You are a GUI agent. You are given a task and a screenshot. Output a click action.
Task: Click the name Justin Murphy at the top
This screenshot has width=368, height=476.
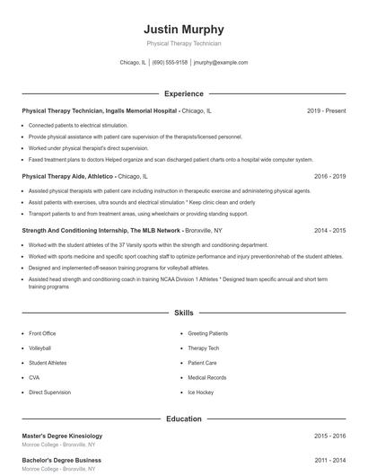(x=184, y=29)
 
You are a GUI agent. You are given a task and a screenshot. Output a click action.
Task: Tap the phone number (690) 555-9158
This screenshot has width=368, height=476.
(x=170, y=63)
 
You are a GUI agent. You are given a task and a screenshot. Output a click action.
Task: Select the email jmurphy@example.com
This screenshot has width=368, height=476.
(x=221, y=63)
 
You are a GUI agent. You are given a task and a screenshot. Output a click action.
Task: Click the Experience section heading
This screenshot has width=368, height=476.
(x=183, y=93)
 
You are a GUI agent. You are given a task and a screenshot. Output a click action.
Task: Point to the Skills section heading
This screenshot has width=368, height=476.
(x=183, y=313)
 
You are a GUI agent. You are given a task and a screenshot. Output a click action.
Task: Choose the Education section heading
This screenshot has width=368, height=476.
(x=183, y=419)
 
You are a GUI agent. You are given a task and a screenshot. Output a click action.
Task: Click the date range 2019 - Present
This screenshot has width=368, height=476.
(x=326, y=110)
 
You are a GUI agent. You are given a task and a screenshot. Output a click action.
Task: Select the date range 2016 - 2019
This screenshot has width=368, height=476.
(x=329, y=177)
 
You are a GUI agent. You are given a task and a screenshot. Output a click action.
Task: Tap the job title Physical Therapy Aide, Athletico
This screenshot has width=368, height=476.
(x=67, y=177)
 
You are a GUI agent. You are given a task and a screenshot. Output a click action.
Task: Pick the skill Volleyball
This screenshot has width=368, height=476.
(x=40, y=348)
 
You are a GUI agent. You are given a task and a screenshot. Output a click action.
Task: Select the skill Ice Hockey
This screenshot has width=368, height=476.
(x=200, y=392)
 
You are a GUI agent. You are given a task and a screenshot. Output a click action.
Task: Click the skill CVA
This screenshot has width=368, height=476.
(x=35, y=378)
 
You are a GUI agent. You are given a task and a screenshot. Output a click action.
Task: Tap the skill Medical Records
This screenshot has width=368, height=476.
(x=206, y=378)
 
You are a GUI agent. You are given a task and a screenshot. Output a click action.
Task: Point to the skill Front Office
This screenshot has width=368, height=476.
(x=42, y=333)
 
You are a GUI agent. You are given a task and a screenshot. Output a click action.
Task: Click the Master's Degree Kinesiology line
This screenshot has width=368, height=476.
(x=68, y=436)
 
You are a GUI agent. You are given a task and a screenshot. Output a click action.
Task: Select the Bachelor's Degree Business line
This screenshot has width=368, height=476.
(x=61, y=461)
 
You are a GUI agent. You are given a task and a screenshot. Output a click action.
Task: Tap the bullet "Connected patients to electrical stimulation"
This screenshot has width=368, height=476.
(x=78, y=125)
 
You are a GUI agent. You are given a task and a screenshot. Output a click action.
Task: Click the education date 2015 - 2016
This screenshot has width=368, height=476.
(x=329, y=436)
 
